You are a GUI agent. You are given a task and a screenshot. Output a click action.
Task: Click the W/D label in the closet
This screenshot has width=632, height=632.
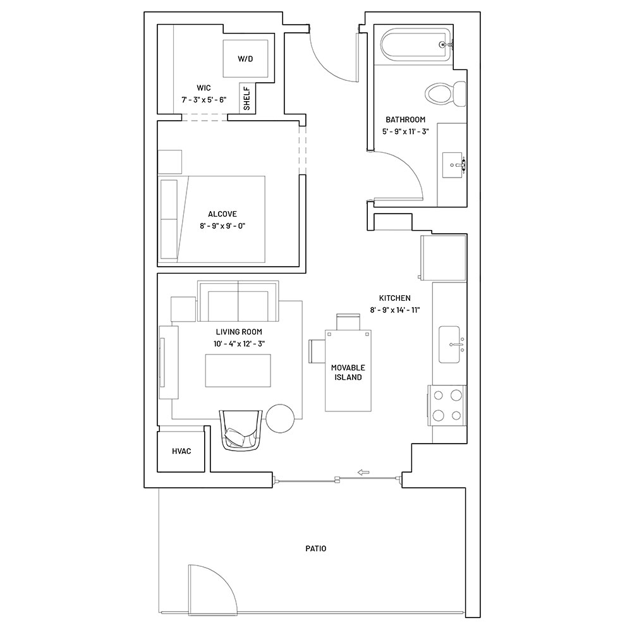(x=245, y=59)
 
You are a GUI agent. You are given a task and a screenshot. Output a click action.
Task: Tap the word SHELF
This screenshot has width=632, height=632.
(x=246, y=99)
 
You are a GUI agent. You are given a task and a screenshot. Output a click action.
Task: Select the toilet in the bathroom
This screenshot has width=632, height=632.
(x=446, y=94)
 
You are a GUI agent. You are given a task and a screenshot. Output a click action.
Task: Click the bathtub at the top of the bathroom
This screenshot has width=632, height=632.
(x=416, y=45)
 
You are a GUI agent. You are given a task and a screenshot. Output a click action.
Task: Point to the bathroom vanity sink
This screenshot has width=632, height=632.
(x=453, y=165)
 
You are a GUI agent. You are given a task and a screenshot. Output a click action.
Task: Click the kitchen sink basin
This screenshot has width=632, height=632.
(x=449, y=344)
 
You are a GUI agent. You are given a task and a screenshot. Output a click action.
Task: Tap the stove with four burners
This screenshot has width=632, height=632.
(x=447, y=406)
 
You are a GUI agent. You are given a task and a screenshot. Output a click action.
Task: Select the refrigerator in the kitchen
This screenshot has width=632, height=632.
(x=443, y=258)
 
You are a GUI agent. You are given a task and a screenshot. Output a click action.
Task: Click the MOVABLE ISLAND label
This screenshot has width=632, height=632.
(x=348, y=372)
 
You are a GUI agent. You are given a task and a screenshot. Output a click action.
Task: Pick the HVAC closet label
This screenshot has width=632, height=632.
(x=181, y=451)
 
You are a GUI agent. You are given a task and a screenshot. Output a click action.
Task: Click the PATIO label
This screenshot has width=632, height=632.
(x=315, y=549)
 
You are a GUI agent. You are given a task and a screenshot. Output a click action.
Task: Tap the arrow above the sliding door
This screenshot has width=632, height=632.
(x=363, y=472)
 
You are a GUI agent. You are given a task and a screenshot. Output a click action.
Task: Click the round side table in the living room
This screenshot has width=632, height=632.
(x=280, y=418)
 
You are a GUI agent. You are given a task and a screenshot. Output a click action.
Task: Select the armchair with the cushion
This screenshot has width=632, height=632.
(x=241, y=430)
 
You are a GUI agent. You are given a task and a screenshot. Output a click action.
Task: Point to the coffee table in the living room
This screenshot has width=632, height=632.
(x=238, y=371)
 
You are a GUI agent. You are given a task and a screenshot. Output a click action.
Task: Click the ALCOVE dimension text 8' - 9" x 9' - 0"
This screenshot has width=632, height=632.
(x=222, y=226)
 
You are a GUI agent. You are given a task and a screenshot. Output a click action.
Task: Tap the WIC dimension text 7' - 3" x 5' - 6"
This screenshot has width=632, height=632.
(x=204, y=100)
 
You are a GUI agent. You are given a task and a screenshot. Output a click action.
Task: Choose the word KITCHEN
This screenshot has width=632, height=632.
(x=394, y=298)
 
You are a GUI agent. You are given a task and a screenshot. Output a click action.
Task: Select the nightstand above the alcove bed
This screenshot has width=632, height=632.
(x=169, y=162)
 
